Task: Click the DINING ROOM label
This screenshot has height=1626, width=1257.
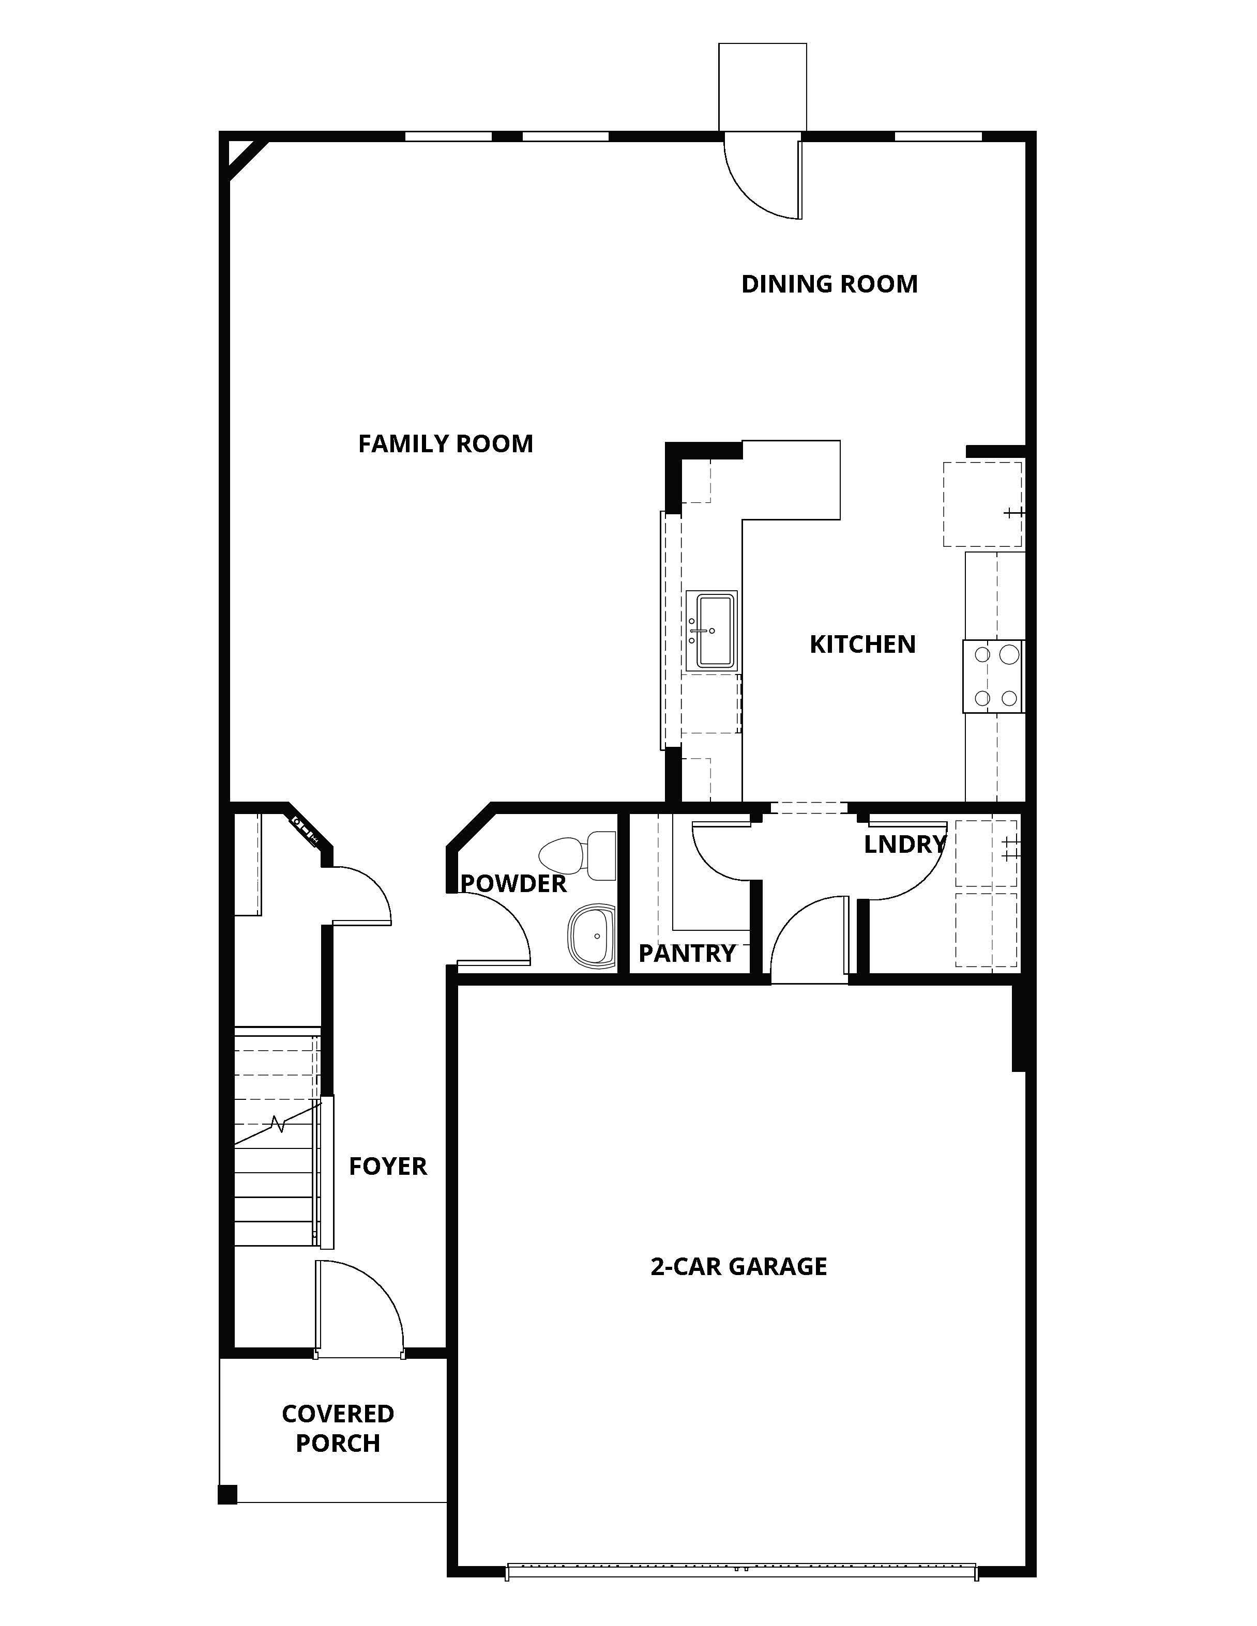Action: coord(829,284)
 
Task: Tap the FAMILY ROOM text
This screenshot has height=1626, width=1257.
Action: coord(445,444)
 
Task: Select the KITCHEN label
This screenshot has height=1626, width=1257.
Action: coord(862,644)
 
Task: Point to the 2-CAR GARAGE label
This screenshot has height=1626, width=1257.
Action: coord(739,1266)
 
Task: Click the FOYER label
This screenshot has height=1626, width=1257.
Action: coord(388,1166)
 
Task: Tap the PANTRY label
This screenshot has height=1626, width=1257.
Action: coord(687,953)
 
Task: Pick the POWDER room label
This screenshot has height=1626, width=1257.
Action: coord(514,884)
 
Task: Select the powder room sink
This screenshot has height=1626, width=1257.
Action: coord(592,936)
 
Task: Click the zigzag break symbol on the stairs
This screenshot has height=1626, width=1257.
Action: coord(279,1124)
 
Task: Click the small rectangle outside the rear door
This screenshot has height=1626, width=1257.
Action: coord(763,87)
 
